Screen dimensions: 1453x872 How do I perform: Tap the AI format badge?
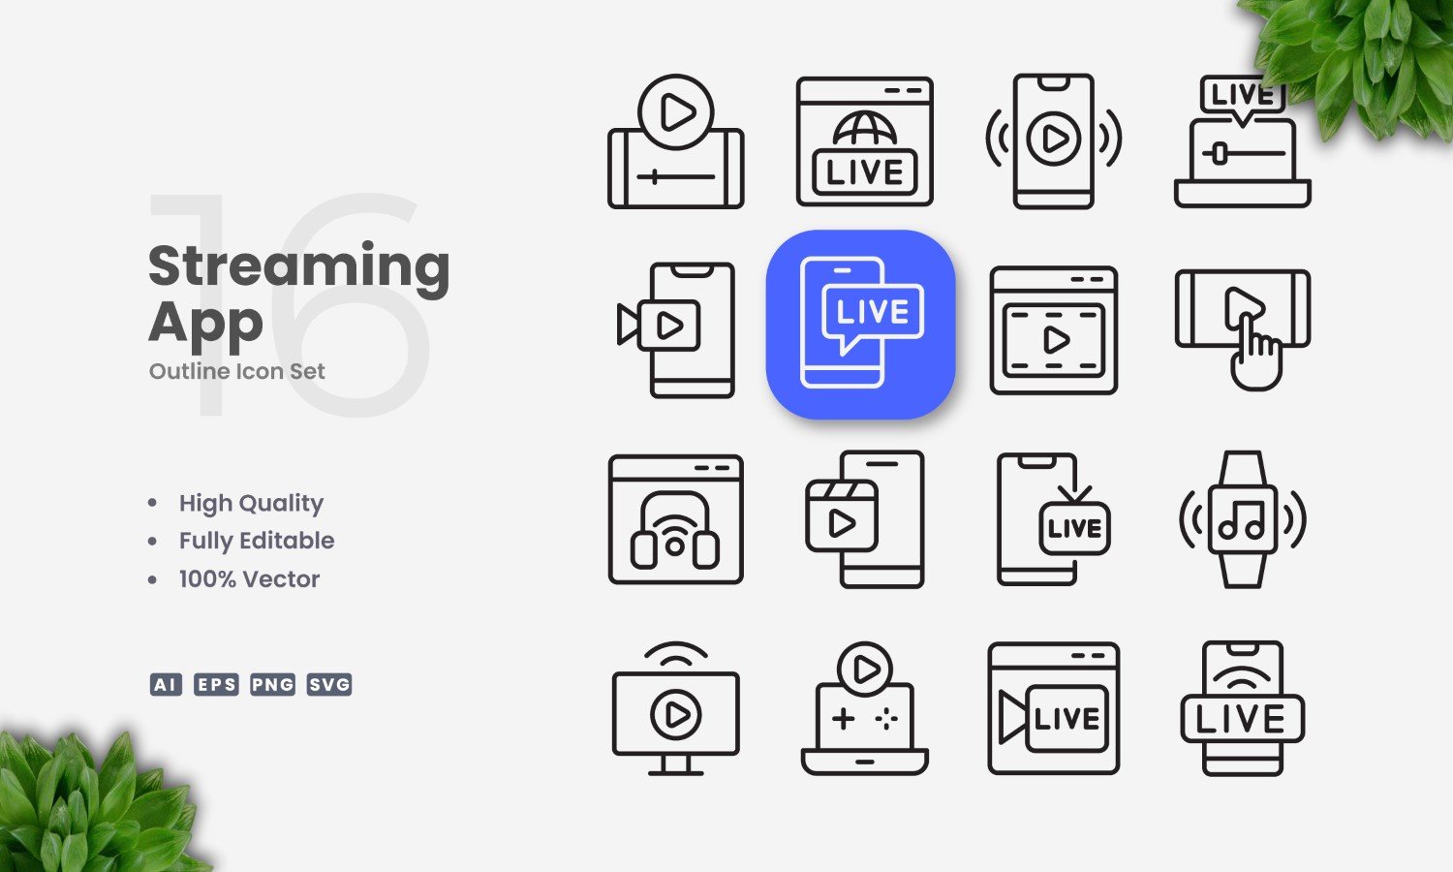[x=166, y=684]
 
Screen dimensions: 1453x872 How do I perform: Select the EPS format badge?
[x=216, y=684]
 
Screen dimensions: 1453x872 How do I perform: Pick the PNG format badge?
[x=272, y=684]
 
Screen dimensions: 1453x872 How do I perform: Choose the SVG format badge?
[x=329, y=684]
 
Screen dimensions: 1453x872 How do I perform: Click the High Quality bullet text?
[x=251, y=504]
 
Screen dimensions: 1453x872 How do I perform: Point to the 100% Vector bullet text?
[x=249, y=578]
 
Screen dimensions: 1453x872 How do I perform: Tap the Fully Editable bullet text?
[x=257, y=541]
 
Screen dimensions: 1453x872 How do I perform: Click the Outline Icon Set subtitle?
[x=236, y=371]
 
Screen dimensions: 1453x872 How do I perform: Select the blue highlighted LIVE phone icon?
[x=860, y=324]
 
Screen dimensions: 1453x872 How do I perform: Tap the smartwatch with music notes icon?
[x=1243, y=519]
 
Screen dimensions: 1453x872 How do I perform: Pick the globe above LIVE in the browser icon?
[x=865, y=129]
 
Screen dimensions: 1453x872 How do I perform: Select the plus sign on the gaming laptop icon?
[x=844, y=719]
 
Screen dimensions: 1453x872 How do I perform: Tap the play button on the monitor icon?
[x=675, y=715]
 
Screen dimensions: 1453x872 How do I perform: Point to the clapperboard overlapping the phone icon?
[x=842, y=515]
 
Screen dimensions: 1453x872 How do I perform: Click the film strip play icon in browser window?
[x=1054, y=340]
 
